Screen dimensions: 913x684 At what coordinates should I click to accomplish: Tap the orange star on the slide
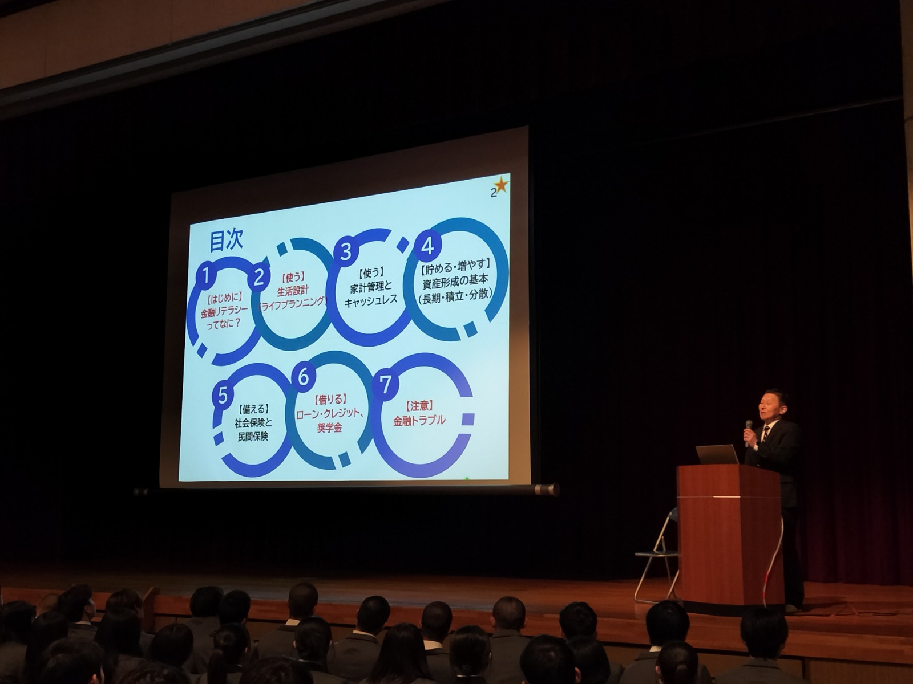pos(501,185)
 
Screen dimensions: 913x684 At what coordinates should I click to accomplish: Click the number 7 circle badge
pos(386,386)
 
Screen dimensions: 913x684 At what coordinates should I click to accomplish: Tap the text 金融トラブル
pos(419,421)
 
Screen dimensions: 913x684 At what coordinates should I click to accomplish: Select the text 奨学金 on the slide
pos(329,428)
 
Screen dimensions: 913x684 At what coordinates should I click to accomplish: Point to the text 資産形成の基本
pos(455,280)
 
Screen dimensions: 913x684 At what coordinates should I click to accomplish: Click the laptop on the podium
pos(717,454)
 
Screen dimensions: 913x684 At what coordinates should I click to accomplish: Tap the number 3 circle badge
pos(346,252)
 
